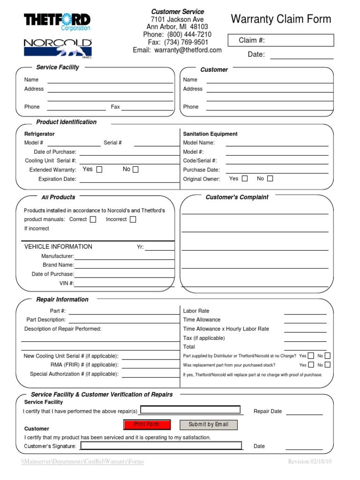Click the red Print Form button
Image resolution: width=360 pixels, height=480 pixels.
[x=147, y=424]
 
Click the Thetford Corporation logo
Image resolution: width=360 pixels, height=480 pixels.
[x=57, y=22]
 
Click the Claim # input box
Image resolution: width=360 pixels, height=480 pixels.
[x=281, y=40]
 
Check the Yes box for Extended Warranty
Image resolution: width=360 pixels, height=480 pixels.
[x=99, y=170]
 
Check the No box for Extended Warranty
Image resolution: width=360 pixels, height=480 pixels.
[x=135, y=170]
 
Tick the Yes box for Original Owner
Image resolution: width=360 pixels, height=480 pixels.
[x=245, y=179]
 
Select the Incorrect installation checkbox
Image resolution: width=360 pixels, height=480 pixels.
[x=133, y=219]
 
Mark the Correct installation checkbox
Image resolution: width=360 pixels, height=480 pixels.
[x=93, y=219]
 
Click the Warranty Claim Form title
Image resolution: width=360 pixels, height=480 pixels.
[x=281, y=19]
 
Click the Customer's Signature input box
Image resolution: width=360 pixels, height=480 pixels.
[x=161, y=446]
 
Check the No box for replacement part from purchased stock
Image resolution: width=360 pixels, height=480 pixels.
[x=327, y=365]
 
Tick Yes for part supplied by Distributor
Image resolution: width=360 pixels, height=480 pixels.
[x=311, y=356]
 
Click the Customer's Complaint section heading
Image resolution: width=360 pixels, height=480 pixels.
[x=237, y=197]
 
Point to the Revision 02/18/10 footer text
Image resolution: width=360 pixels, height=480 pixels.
[x=310, y=462]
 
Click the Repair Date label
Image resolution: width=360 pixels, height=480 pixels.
[x=268, y=411]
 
